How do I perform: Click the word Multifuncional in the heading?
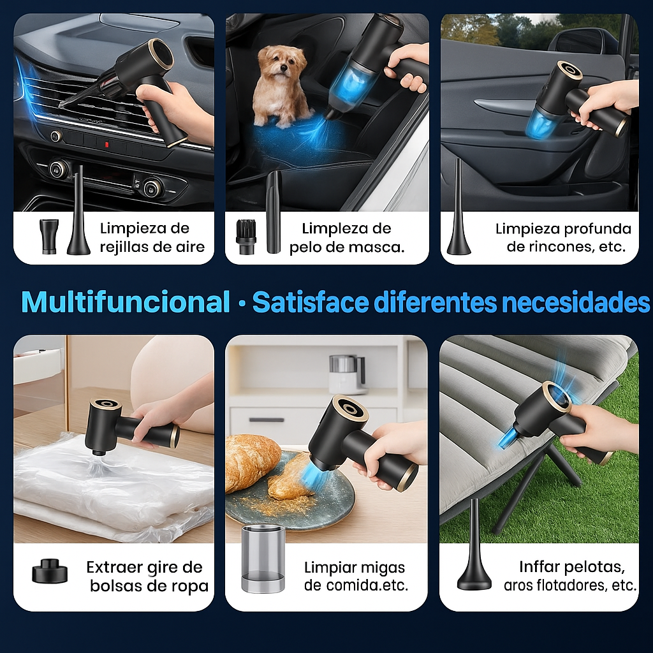tap(126, 302)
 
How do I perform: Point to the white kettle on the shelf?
tap(347, 374)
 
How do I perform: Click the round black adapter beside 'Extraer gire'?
tap(50, 571)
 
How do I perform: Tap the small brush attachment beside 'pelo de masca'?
tap(246, 237)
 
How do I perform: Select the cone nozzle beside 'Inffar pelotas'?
tap(474, 546)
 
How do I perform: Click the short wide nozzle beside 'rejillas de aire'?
tap(49, 236)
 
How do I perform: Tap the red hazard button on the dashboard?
tap(106, 145)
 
